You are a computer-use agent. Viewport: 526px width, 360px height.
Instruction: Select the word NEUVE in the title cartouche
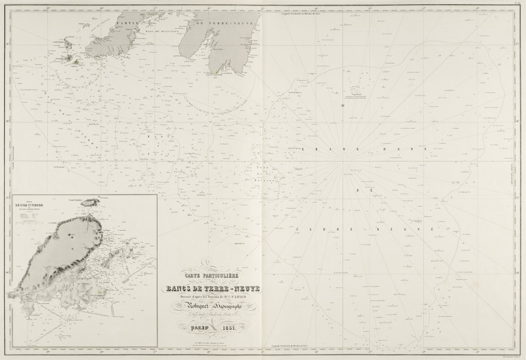255,287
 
